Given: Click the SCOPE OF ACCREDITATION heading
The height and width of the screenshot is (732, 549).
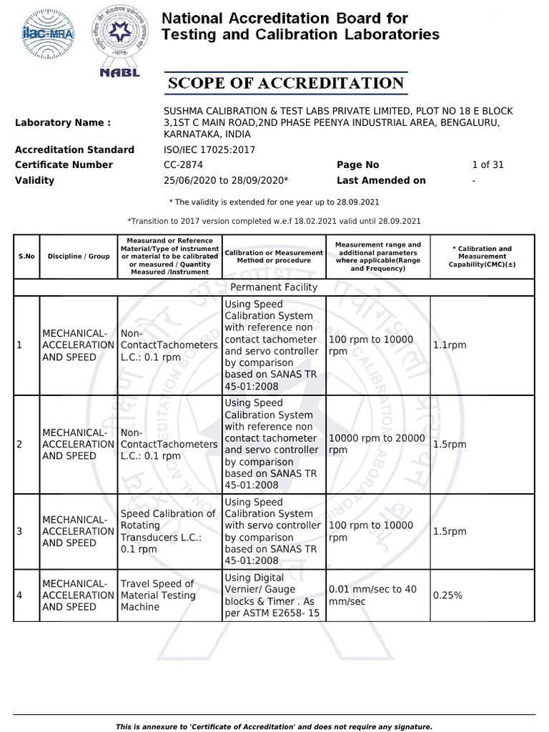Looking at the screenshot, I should (286, 84).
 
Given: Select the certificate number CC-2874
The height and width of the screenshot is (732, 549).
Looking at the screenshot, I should (184, 165).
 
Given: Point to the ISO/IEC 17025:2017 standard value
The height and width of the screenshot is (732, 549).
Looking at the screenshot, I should (209, 150).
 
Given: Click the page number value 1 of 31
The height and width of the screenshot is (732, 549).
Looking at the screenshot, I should (488, 165).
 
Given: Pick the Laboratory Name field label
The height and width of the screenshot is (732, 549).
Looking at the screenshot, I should (63, 123).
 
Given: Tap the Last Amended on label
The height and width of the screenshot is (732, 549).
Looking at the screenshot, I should (381, 181).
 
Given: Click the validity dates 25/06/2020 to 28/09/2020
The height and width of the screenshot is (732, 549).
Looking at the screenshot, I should (226, 181).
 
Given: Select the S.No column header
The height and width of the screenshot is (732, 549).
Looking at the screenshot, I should (26, 256).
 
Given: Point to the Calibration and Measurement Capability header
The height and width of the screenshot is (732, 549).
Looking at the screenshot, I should (482, 256).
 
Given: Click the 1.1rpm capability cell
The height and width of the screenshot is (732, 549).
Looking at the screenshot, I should (450, 345).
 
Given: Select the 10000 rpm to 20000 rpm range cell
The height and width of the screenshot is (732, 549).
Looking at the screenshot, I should (377, 444).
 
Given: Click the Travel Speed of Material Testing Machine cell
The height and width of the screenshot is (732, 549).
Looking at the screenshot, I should (157, 595).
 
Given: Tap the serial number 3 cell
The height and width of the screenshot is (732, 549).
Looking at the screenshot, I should (20, 531).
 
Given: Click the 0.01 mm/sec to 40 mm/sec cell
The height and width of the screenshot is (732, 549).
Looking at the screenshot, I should (372, 595).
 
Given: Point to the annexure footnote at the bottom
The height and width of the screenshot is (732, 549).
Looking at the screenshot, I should (274, 726).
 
